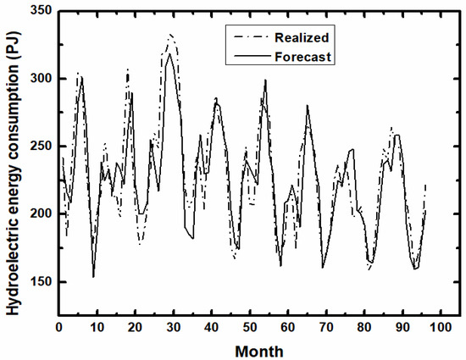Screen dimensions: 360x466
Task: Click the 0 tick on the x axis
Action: [x=58, y=327]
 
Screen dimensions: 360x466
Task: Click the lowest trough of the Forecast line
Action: [x=93, y=276]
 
